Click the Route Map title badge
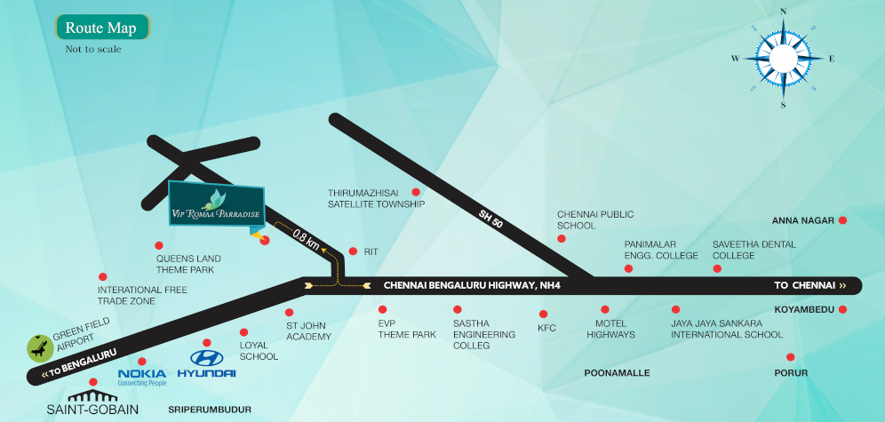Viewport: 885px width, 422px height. (100, 28)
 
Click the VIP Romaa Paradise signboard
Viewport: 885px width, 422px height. (216, 206)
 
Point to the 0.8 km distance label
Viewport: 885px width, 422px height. (306, 240)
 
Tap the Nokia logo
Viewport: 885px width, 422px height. (142, 376)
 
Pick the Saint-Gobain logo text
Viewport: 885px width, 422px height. (93, 408)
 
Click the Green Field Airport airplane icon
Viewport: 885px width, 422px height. (39, 345)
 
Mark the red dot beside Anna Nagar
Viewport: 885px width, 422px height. (842, 220)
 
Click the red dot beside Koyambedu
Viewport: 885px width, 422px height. (842, 310)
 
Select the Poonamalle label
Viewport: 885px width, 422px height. (617, 373)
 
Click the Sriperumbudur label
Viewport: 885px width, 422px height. (210, 410)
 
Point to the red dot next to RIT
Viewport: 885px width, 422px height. (353, 251)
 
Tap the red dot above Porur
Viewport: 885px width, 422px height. (790, 357)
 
